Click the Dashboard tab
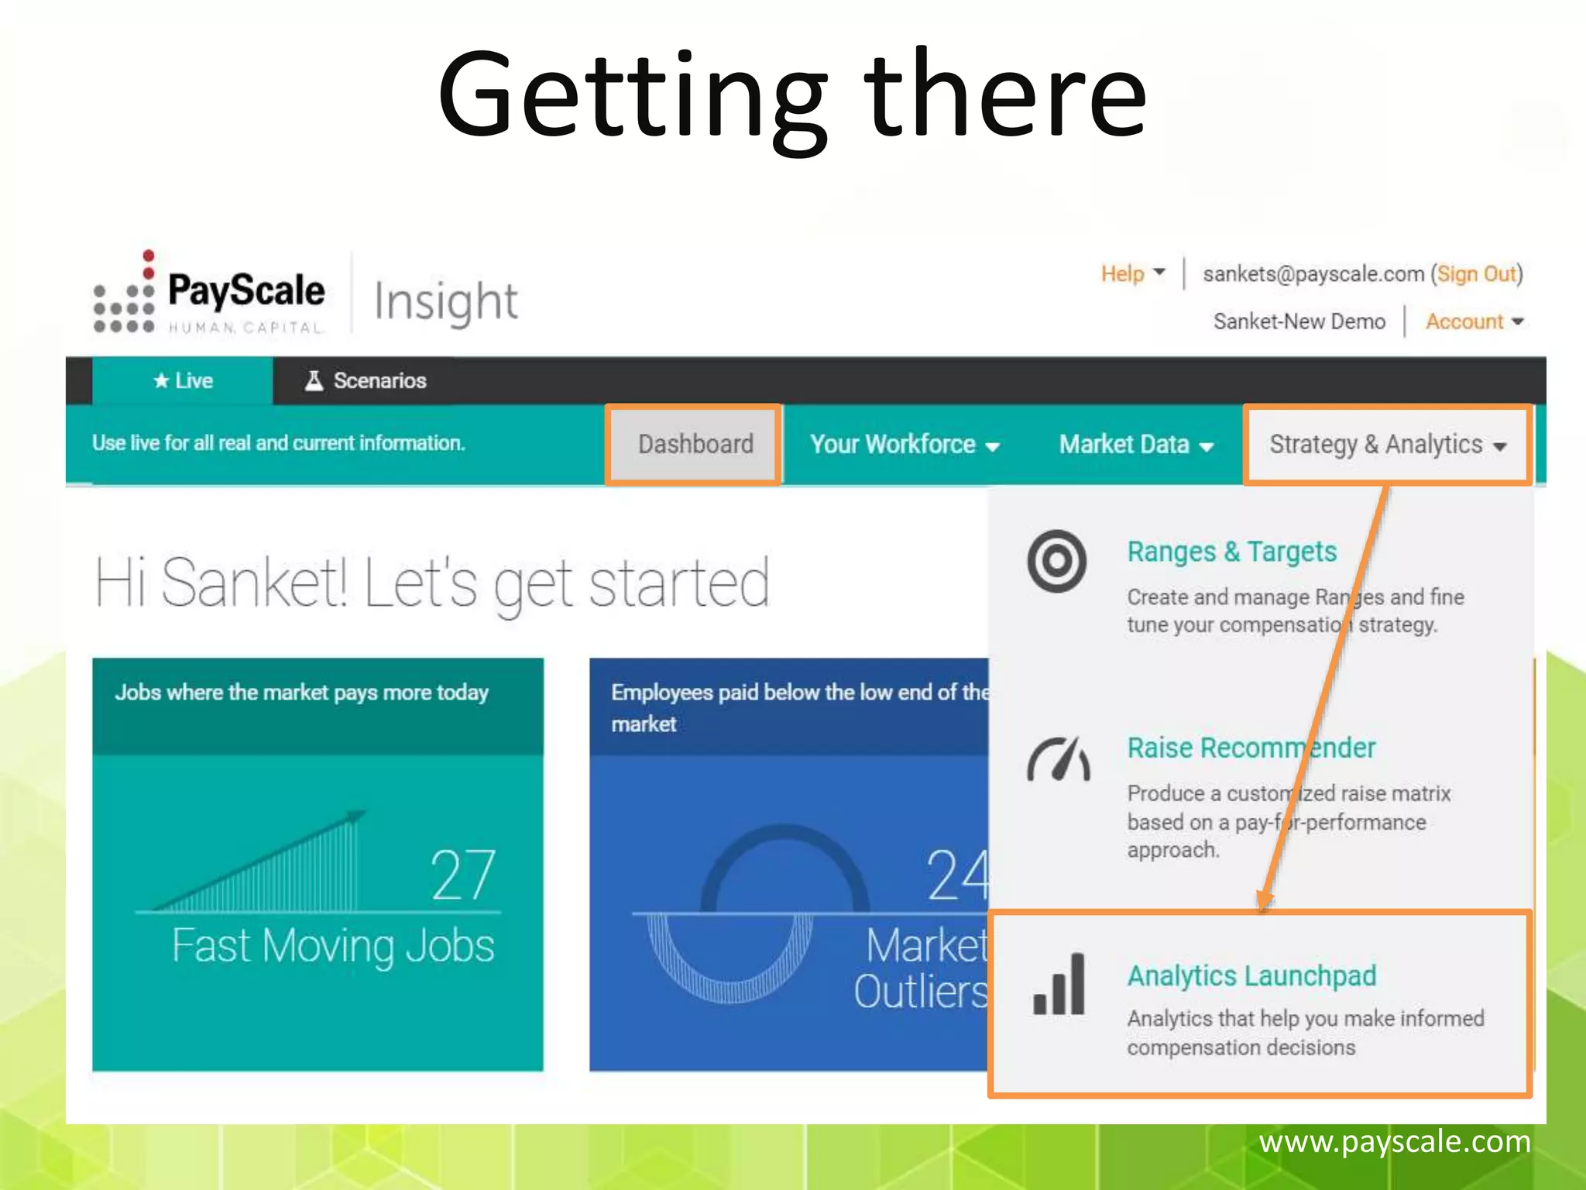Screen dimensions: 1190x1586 695,445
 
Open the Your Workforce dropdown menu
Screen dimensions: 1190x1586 904,445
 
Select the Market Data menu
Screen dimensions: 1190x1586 1135,445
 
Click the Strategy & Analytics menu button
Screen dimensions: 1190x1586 1387,445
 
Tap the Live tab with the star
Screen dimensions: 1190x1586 183,381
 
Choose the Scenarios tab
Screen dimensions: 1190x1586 366,381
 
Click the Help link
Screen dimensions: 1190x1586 1123,273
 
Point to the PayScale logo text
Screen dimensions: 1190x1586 246,291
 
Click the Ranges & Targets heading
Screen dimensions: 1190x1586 1231,552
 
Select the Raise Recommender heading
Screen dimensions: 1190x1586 1251,748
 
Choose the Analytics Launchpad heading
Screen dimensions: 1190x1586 1251,976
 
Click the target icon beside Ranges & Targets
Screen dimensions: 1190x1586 1057,562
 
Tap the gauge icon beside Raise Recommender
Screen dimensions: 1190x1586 1059,760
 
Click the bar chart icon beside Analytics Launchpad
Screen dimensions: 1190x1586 1059,985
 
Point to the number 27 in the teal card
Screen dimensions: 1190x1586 462,875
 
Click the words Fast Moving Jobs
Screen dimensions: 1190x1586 333,946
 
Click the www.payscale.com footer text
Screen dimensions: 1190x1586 1394,1142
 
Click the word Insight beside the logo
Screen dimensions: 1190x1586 446,302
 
